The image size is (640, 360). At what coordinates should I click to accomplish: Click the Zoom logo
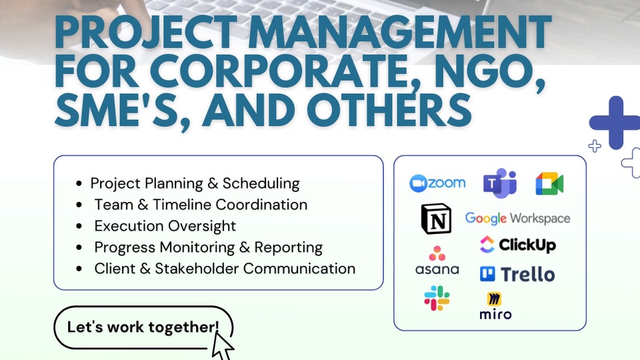(437, 183)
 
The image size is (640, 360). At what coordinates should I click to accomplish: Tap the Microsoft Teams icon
(500, 183)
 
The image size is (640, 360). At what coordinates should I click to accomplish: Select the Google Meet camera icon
(549, 183)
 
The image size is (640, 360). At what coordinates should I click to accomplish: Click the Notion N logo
(436, 219)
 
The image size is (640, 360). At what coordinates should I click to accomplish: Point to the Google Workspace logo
(517, 219)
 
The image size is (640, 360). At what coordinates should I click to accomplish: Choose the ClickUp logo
(517, 245)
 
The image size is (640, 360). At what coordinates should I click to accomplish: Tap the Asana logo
(437, 260)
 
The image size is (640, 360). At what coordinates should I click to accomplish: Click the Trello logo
(517, 274)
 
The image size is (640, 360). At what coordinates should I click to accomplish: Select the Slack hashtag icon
(437, 299)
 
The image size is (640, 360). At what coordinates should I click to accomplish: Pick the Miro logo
(495, 306)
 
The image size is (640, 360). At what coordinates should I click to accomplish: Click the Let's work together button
(143, 327)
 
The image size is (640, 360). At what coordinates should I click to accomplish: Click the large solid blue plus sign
(615, 123)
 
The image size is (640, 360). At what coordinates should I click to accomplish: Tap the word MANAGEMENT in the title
(399, 32)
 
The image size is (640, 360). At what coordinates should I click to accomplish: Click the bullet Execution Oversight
(165, 226)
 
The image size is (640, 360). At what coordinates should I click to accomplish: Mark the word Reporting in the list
(288, 248)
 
